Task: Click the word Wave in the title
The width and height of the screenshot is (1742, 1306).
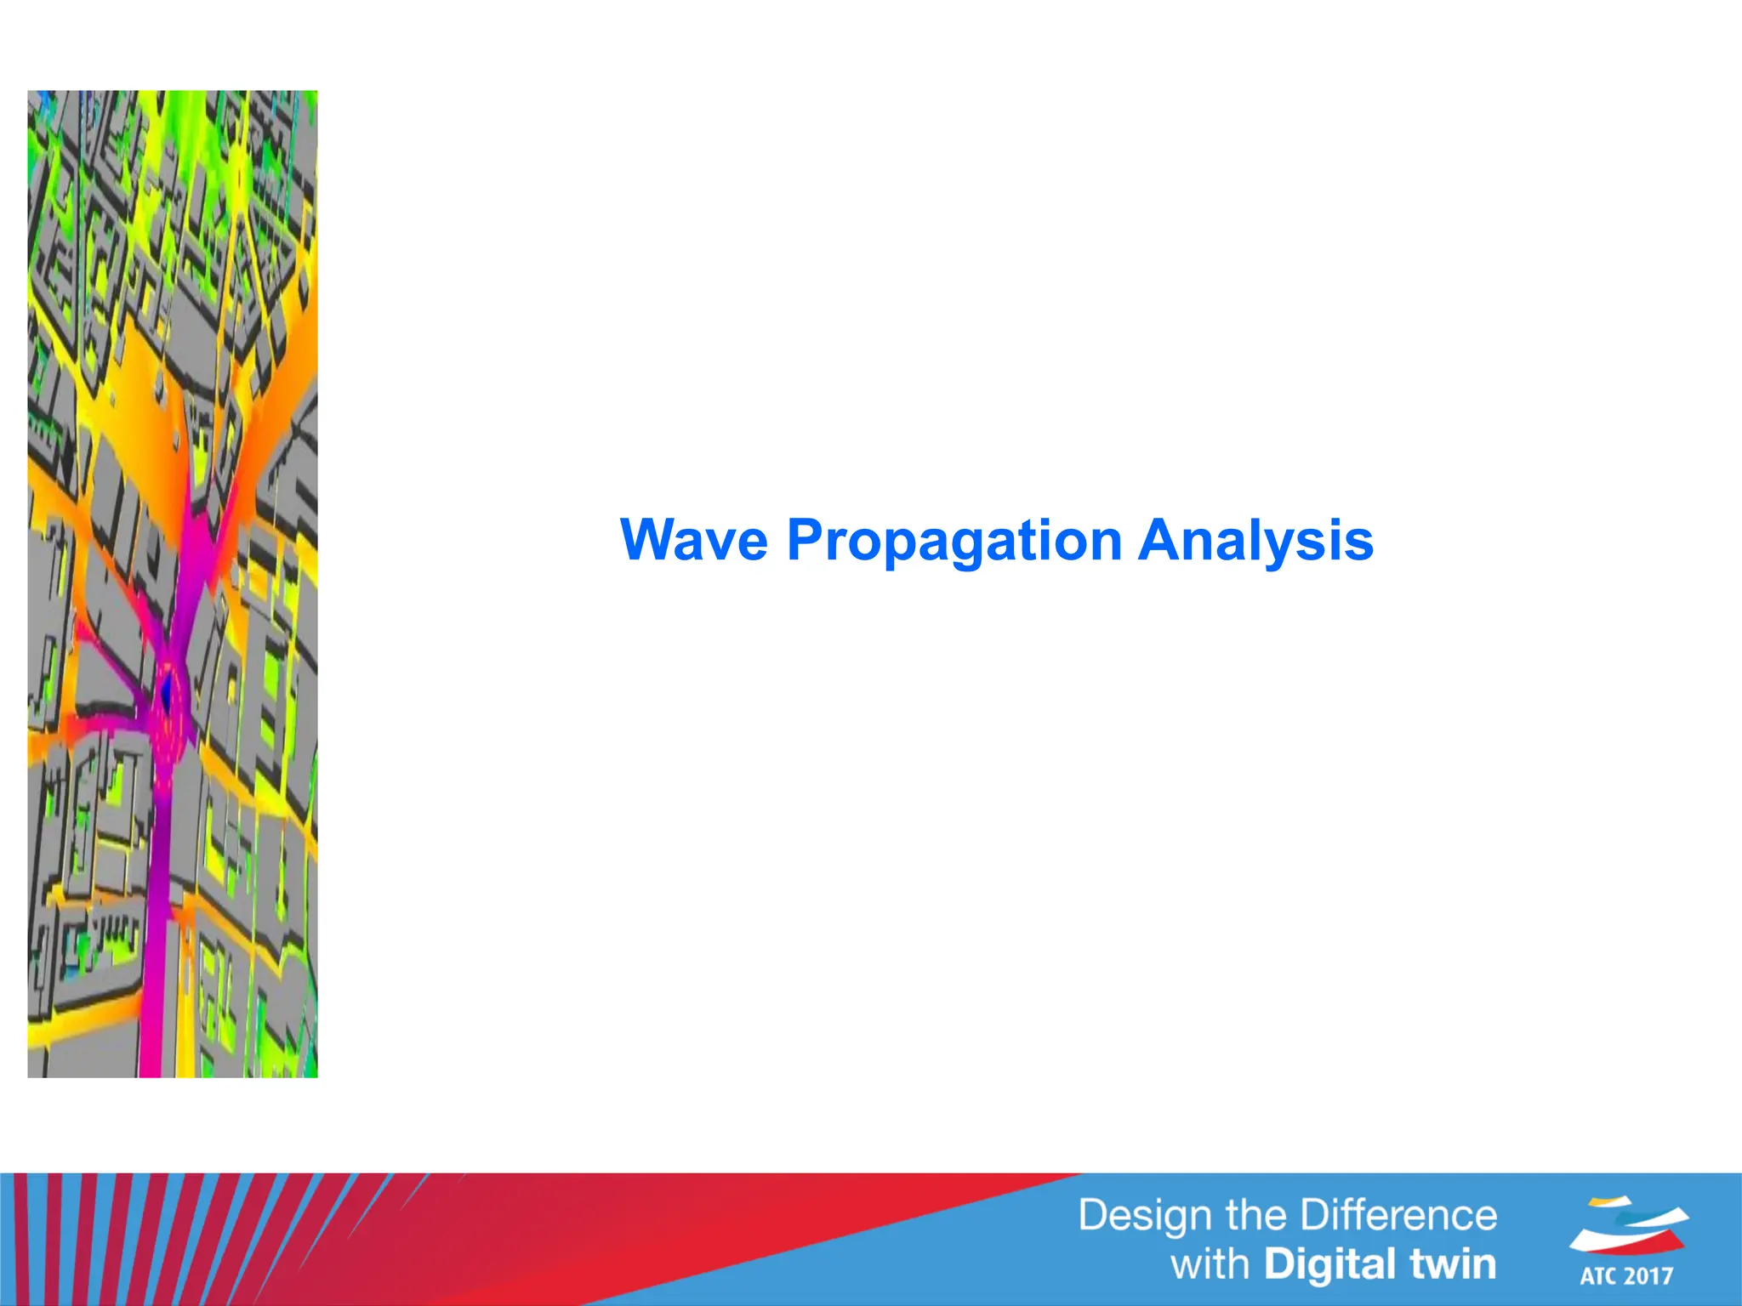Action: pos(693,540)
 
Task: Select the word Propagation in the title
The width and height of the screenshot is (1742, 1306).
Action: pos(954,542)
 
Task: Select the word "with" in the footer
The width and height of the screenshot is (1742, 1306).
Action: pos(1210,1264)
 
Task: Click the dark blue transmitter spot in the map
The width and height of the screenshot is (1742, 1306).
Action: pos(167,690)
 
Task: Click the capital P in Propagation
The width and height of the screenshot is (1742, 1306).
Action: pos(804,540)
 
